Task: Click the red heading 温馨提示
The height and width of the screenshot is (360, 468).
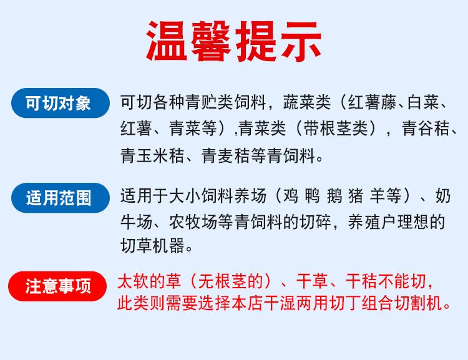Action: click(234, 41)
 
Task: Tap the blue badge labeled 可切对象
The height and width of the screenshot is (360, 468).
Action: click(61, 103)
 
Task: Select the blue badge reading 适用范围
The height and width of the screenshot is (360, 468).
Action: click(61, 198)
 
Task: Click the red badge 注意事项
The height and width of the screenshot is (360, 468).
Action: click(57, 286)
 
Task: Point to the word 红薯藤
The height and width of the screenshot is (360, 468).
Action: click(372, 102)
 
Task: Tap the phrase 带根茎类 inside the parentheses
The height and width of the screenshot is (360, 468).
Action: click(336, 129)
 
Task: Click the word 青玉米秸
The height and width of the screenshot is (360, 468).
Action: click(152, 155)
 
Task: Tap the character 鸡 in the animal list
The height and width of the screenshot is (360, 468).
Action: click(290, 196)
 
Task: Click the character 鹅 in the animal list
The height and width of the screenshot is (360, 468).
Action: click(334, 196)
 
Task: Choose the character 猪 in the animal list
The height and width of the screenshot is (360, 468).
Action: click(356, 196)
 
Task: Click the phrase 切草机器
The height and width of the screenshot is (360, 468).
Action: click(152, 246)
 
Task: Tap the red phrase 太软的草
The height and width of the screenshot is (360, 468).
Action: click(149, 281)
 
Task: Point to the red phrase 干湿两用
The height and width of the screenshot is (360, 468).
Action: click(297, 303)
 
